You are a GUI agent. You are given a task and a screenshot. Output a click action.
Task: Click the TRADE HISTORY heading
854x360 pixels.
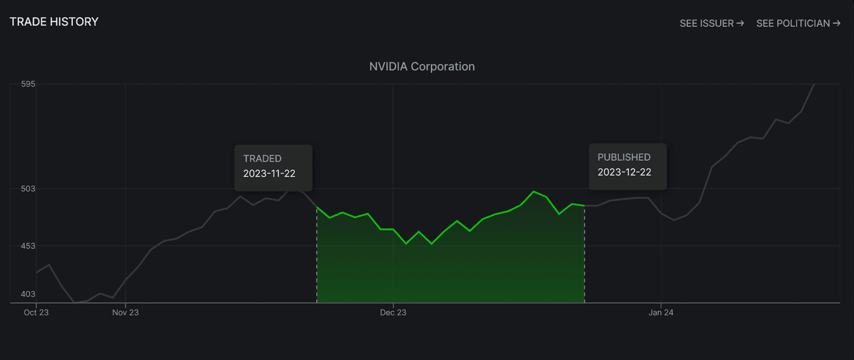point(54,22)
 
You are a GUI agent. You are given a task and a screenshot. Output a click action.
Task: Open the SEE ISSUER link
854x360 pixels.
point(711,24)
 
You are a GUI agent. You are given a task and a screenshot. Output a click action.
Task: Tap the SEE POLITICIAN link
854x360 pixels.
point(798,24)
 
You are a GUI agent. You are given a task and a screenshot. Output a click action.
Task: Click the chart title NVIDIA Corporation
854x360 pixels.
point(422,66)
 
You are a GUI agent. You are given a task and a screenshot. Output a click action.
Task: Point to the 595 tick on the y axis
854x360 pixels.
point(28,84)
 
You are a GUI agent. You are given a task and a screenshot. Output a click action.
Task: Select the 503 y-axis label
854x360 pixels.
point(28,189)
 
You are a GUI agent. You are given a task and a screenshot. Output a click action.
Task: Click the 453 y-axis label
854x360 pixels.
point(28,246)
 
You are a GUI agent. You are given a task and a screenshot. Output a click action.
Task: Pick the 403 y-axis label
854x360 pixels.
point(28,294)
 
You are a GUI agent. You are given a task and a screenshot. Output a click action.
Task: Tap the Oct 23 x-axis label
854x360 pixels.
point(36,313)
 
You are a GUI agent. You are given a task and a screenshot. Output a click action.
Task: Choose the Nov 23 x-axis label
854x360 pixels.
point(125,313)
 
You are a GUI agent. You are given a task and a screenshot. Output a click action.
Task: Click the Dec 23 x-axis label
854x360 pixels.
point(393,313)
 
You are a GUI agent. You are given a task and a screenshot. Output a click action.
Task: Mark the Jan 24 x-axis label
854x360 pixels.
point(660,313)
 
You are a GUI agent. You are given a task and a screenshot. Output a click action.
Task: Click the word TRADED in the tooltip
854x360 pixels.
point(262,158)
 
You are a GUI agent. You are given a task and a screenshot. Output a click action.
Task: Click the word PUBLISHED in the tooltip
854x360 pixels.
point(623,158)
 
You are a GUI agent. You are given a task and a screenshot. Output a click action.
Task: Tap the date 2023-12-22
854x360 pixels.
point(624,172)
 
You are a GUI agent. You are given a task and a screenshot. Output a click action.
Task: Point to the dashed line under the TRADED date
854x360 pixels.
point(317,263)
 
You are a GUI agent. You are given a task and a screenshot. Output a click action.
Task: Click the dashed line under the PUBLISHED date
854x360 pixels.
point(585,263)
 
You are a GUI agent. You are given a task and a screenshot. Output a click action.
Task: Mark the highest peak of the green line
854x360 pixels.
point(533,191)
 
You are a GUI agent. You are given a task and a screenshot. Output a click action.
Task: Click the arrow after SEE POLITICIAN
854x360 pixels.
point(836,24)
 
